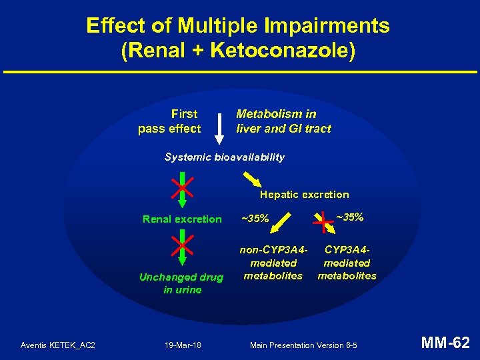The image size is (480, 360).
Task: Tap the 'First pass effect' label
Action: click(x=170, y=121)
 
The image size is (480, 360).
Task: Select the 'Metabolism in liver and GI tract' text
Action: click(x=283, y=121)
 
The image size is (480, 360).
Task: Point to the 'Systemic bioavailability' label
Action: click(x=224, y=157)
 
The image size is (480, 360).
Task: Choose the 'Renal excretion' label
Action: click(x=182, y=219)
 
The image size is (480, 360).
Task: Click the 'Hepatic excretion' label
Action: click(x=304, y=195)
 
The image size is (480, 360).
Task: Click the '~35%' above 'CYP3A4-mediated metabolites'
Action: click(x=349, y=217)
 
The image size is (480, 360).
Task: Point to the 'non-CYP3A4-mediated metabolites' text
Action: click(x=273, y=263)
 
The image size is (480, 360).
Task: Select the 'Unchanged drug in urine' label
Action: click(x=181, y=283)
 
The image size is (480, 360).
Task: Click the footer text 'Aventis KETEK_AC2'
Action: click(x=58, y=345)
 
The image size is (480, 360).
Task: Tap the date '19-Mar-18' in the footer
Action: click(x=183, y=345)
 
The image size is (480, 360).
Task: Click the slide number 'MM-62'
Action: click(x=445, y=343)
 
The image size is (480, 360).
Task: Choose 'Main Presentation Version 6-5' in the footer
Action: click(x=303, y=345)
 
